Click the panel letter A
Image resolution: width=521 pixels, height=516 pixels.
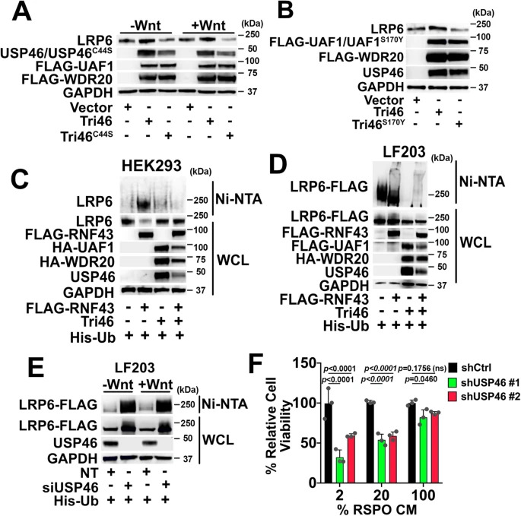pyautogui.click(x=21, y=11)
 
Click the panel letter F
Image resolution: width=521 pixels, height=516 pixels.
pyautogui.click(x=259, y=365)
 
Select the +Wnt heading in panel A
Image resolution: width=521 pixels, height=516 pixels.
pyautogui.click(x=208, y=25)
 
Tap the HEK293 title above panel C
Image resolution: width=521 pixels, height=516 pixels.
pyautogui.click(x=151, y=165)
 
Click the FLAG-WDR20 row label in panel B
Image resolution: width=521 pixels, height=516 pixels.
pyautogui.click(x=361, y=57)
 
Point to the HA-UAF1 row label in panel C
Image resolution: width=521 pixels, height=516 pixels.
pyautogui.click(x=83, y=248)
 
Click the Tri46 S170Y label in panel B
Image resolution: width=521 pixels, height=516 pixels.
pyautogui.click(x=379, y=125)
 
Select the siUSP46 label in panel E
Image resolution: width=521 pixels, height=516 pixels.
pyautogui.click(x=71, y=487)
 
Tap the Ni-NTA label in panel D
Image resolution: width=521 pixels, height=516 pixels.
pyautogui.click(x=482, y=182)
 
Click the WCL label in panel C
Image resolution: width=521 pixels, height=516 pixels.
pyautogui.click(x=233, y=261)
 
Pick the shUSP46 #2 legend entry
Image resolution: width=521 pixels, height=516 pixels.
pyautogui.click(x=484, y=396)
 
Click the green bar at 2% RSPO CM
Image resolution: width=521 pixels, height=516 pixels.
pyautogui.click(x=340, y=470)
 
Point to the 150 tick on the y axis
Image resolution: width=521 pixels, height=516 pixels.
pyautogui.click(x=303, y=363)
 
